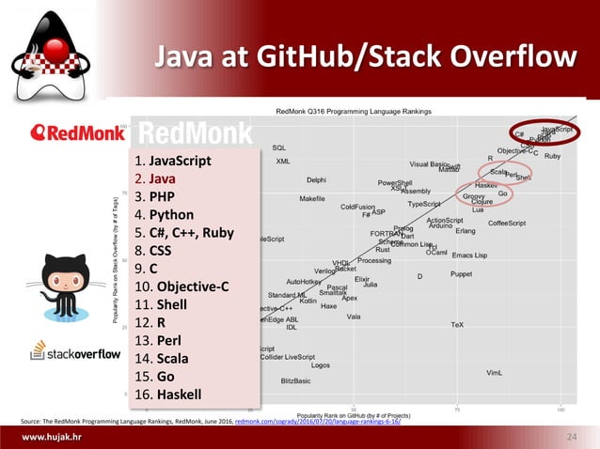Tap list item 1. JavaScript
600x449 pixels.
click(180, 161)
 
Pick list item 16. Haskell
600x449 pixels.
click(173, 394)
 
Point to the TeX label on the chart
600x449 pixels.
click(457, 325)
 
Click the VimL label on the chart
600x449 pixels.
click(494, 373)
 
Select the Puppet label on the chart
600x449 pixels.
click(461, 274)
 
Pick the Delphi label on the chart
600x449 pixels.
click(317, 180)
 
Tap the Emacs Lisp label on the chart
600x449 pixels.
click(469, 255)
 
